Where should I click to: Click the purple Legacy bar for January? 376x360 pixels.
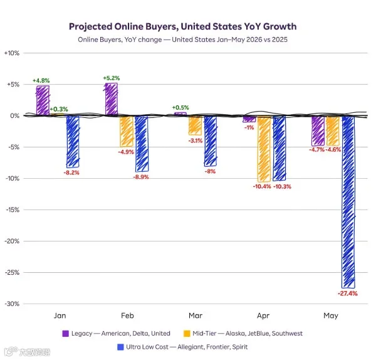[x=43, y=100]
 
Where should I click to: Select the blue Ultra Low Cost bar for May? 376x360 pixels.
[x=348, y=202]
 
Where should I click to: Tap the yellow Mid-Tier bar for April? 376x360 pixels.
[x=264, y=149]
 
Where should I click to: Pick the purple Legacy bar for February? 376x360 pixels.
[x=112, y=99]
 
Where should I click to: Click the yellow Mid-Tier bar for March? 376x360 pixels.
[x=195, y=125]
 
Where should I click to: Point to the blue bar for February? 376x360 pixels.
[x=142, y=144]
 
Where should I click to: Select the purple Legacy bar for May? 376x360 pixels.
[x=318, y=131]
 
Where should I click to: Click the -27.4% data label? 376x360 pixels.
[x=348, y=294]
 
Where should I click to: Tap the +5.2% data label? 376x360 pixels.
[x=112, y=78]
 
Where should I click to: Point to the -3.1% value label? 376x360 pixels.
[x=196, y=140]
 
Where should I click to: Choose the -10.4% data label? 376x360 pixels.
[x=262, y=186]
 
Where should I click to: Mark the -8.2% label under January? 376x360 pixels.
[x=71, y=172]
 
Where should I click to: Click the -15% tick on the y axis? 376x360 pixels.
[x=13, y=209]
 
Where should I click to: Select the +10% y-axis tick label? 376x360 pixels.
[x=12, y=53]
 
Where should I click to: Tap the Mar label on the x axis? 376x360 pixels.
[x=196, y=315]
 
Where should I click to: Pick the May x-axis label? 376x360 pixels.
[x=331, y=315]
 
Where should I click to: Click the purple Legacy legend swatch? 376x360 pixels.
[x=65, y=334]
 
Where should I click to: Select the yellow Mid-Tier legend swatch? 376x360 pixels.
[x=187, y=334]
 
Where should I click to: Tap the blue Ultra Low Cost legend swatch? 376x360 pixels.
[x=120, y=347]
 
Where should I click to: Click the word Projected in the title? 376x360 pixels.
[x=91, y=26]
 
